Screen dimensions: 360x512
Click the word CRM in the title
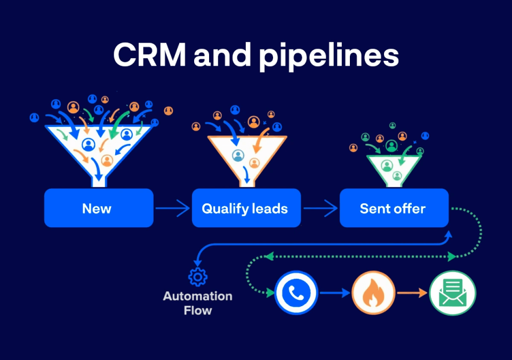tap(149, 55)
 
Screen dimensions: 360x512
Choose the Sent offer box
tap(394, 208)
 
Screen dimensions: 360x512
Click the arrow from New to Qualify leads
tap(172, 208)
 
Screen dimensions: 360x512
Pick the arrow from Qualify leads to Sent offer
tap(320, 208)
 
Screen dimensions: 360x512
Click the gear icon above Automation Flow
tap(198, 277)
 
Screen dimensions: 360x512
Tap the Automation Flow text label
tap(198, 303)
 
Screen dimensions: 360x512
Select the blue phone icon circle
tap(296, 293)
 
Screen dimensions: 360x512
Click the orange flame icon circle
tap(373, 293)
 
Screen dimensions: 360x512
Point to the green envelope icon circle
tap(452, 293)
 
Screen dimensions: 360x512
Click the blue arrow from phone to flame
tap(334, 293)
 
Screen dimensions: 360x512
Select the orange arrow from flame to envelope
tap(412, 293)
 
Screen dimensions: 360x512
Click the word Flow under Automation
tap(198, 310)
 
